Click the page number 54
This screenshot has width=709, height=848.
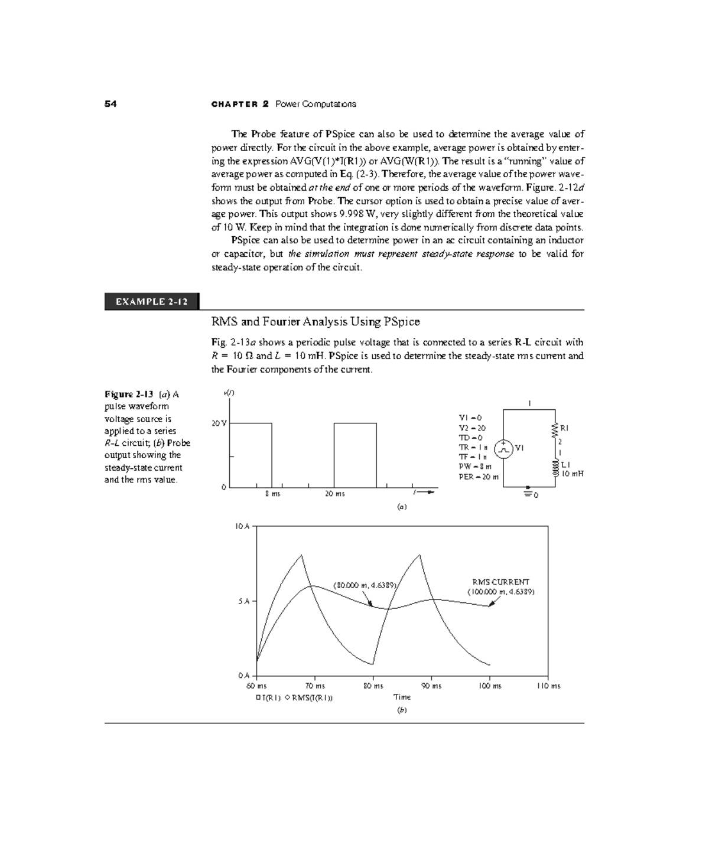coord(110,104)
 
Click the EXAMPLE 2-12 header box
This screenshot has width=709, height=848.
coord(152,302)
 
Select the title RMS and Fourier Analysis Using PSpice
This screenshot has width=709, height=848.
coord(316,322)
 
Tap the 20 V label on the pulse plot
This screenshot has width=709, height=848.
coord(219,423)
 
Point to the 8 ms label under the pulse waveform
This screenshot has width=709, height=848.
coord(272,494)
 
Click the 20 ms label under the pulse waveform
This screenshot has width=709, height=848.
coord(335,494)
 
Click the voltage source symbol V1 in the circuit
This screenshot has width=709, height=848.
coord(503,449)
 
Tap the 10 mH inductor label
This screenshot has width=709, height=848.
coord(572,473)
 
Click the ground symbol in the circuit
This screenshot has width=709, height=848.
coord(528,494)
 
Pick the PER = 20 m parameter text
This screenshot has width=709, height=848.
coord(479,477)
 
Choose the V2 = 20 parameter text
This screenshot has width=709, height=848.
coord(472,428)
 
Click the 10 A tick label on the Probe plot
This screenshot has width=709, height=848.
coord(243,526)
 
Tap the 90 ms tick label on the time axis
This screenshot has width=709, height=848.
coord(431,686)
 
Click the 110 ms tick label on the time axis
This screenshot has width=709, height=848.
coord(549,686)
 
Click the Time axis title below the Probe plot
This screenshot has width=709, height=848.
coord(402,697)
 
